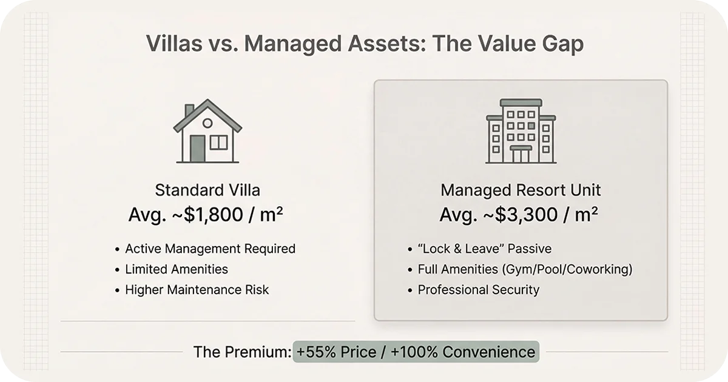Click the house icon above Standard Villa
[x=207, y=132]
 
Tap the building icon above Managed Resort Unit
[x=521, y=132]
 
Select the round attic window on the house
[x=207, y=123]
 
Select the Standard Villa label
[x=207, y=190]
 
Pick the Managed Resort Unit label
[x=521, y=190]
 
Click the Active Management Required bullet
[x=210, y=249]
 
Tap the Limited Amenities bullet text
[x=177, y=269]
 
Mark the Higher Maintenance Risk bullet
[x=197, y=290]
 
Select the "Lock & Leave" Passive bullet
[x=485, y=249]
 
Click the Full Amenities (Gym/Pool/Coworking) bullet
[x=525, y=269]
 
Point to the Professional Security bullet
[x=478, y=290]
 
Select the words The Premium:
[x=241, y=352]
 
